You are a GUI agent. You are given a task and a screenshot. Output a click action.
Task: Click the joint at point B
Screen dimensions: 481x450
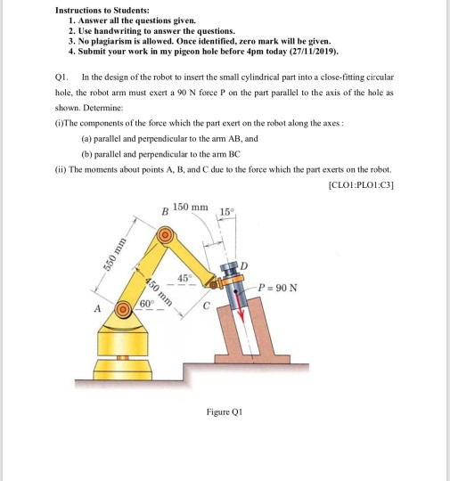coord(164,235)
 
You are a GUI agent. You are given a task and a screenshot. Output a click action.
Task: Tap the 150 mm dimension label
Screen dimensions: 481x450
coord(192,208)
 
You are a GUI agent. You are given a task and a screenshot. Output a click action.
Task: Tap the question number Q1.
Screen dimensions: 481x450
coord(63,79)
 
